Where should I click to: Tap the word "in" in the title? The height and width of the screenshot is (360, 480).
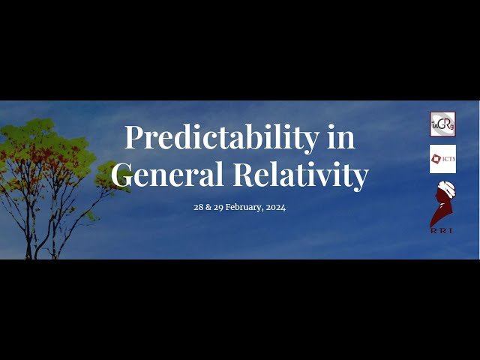tap(341, 138)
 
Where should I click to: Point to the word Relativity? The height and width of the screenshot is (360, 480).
tap(300, 175)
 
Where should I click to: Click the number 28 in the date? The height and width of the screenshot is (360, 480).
tap(199, 207)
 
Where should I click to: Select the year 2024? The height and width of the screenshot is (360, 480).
tap(276, 207)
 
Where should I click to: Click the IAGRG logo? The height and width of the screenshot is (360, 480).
tap(442, 124)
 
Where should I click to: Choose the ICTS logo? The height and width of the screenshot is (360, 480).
tap(442, 159)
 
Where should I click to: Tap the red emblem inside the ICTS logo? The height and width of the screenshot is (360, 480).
tap(436, 158)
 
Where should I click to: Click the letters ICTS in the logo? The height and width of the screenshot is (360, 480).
tap(447, 159)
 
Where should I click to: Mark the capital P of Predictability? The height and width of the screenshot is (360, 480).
tap(133, 138)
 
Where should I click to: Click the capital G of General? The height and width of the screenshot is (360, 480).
tap(123, 175)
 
